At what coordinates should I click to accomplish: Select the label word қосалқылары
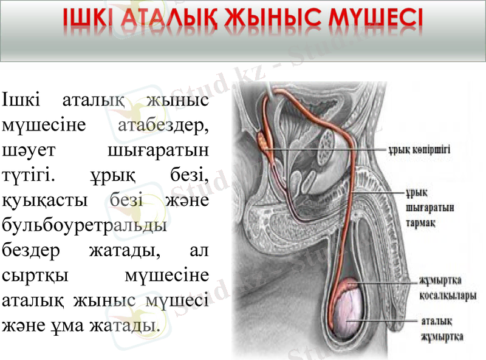click(446, 296)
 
